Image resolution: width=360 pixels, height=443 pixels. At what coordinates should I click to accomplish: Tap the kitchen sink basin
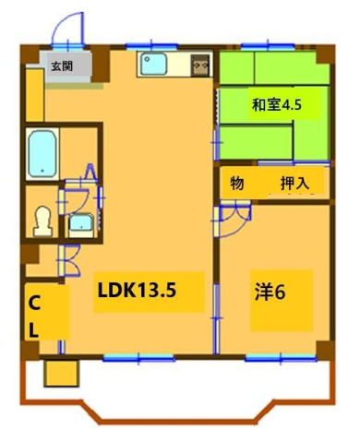pyautogui.click(x=153, y=65)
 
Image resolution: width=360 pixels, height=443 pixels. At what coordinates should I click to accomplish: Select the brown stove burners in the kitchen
pyautogui.click(x=200, y=66)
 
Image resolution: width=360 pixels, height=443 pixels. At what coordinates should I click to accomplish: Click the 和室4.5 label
pyautogui.click(x=276, y=105)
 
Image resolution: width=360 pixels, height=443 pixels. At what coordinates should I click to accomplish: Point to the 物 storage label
pyautogui.click(x=237, y=183)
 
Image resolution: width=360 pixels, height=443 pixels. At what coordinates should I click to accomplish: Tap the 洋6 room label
pyautogui.click(x=270, y=293)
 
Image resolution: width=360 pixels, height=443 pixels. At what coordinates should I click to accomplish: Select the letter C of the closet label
pyautogui.click(x=34, y=303)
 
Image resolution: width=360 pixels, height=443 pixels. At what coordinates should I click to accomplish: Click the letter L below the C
pyautogui.click(x=34, y=328)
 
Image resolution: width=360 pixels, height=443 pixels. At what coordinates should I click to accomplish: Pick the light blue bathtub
pyautogui.click(x=42, y=153)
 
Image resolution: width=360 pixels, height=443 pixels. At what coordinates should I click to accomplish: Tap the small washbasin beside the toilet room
pyautogui.click(x=81, y=222)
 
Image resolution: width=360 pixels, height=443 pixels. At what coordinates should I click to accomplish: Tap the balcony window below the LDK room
pyautogui.click(x=126, y=355)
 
